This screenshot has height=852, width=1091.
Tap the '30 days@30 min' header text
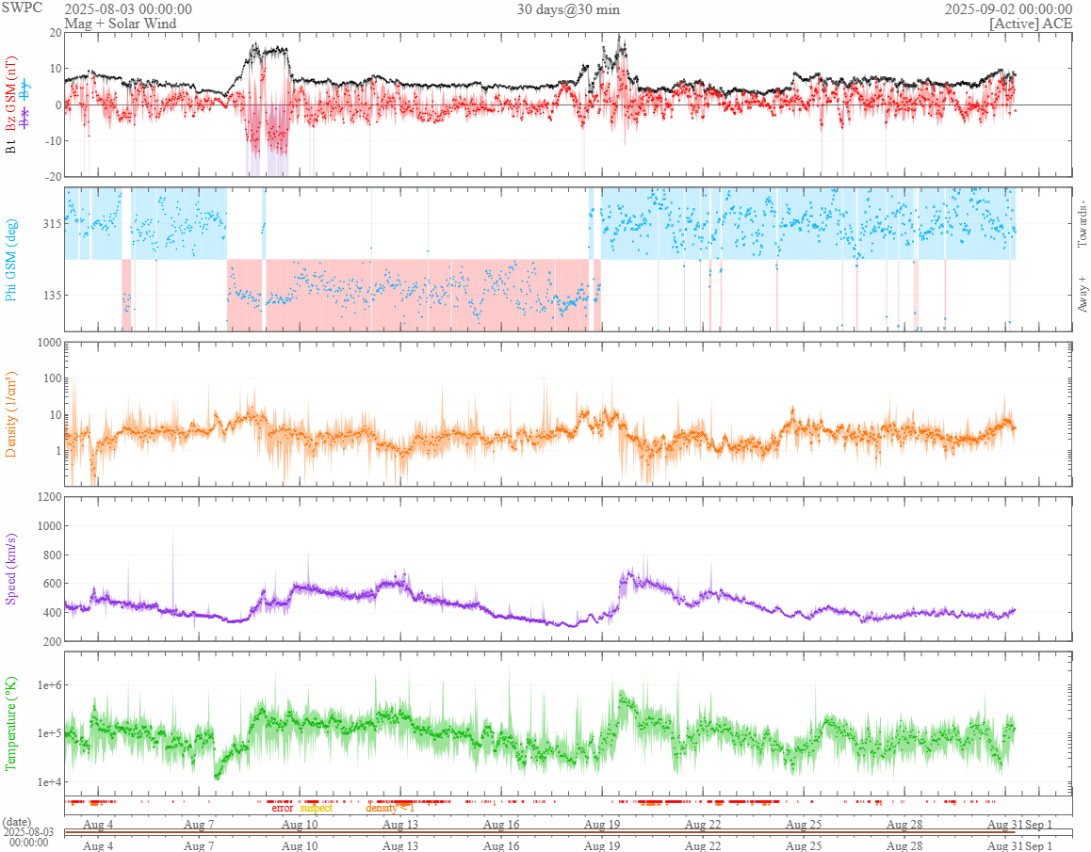(x=568, y=9)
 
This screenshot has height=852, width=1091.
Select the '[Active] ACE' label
(x=1031, y=23)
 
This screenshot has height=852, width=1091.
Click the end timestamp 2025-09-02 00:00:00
(x=1008, y=9)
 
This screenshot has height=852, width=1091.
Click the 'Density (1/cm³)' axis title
(x=12, y=415)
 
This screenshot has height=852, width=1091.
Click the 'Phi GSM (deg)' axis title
(x=12, y=260)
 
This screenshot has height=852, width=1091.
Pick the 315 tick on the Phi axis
(x=50, y=224)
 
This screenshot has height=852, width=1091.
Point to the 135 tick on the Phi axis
(x=50, y=295)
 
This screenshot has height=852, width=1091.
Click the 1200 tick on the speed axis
(x=46, y=496)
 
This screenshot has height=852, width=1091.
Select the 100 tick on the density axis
(x=49, y=378)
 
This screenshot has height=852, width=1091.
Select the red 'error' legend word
(x=283, y=808)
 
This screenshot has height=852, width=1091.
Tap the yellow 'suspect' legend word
(x=316, y=808)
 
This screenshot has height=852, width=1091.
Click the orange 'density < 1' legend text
(x=390, y=808)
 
